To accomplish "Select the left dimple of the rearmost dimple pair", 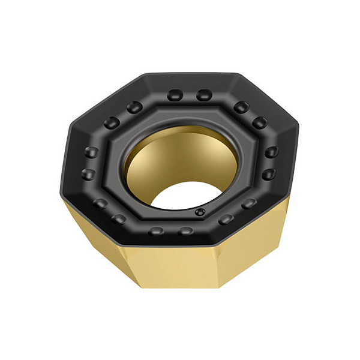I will (x=175, y=95).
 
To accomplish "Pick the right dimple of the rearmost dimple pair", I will (x=204, y=95).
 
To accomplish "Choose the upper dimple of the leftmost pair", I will (x=91, y=152).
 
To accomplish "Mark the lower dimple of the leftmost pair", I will (x=89, y=175).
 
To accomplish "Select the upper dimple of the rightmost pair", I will (x=271, y=152).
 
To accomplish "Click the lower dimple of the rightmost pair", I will (x=269, y=175).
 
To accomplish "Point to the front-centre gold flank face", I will (x=180, y=264).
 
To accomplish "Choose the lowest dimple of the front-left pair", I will (x=119, y=218).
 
